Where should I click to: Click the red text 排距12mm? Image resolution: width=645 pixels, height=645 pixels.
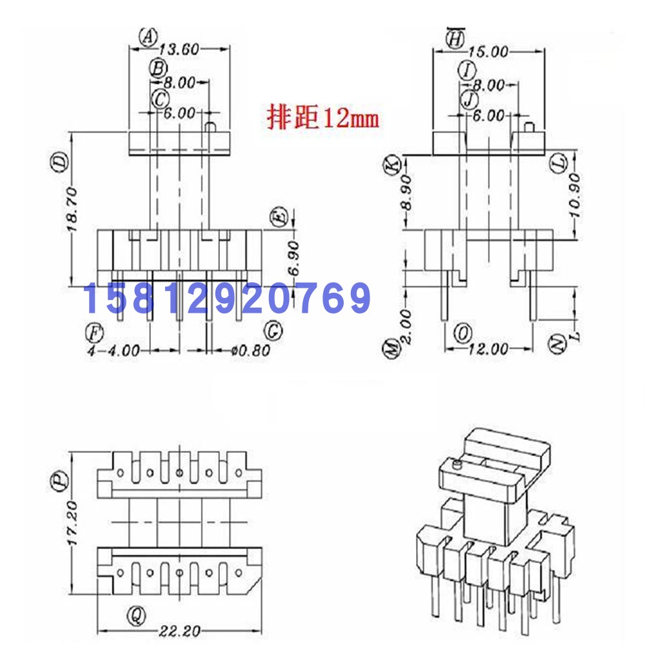tap(322, 118)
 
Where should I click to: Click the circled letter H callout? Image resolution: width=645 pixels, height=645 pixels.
tap(455, 39)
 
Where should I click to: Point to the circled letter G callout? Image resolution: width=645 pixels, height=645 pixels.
tap(273, 331)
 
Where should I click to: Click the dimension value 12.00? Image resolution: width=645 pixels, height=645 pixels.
tap(488, 349)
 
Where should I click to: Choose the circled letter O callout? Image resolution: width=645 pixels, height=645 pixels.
tap(462, 332)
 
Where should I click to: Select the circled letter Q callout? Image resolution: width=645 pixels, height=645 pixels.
tap(135, 613)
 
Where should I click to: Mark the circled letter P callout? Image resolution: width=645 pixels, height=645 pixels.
tap(60, 481)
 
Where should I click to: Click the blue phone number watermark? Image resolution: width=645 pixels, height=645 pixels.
tap(227, 298)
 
